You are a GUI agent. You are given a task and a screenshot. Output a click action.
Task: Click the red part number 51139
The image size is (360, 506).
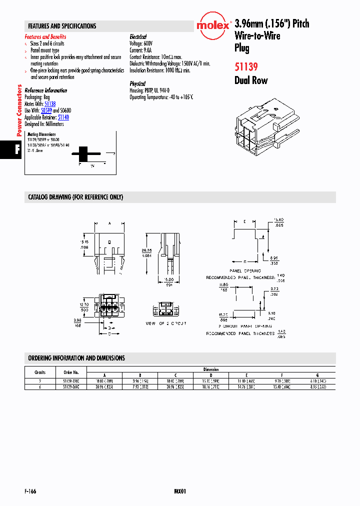click(246, 65)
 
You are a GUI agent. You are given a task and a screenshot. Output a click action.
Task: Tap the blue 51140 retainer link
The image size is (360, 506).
click(63, 117)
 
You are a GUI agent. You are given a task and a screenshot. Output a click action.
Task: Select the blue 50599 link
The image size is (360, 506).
click(46, 110)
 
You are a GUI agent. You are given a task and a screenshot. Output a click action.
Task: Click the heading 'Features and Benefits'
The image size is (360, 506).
click(45, 37)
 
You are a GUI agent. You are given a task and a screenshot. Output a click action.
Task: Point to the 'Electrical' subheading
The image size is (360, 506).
click(138, 37)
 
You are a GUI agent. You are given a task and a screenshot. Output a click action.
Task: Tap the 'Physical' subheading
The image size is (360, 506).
click(137, 84)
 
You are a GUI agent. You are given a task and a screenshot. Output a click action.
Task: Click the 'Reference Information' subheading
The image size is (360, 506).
click(45, 90)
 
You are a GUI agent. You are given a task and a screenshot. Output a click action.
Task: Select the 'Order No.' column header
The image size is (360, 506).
click(71, 372)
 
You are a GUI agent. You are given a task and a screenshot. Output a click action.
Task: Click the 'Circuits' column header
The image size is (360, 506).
click(40, 372)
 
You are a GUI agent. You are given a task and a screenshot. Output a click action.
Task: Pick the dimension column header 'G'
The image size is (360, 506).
click(317, 375)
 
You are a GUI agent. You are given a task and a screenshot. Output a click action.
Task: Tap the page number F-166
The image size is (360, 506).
click(30, 491)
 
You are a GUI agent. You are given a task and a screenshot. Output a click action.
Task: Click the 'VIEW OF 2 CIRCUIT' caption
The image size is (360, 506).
click(165, 323)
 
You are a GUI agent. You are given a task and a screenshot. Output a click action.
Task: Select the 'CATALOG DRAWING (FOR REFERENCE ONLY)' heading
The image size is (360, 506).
click(75, 197)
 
